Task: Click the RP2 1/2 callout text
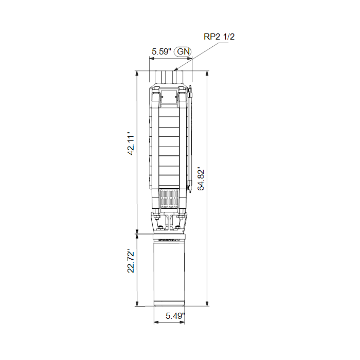[x=219, y=37]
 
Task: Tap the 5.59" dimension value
[x=161, y=51]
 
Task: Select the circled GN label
[x=183, y=51]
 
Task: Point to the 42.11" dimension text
[x=131, y=143]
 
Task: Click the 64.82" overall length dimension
[x=201, y=180]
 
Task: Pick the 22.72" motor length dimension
[x=131, y=261]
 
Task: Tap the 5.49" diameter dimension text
[x=175, y=316]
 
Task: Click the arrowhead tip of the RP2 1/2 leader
[x=174, y=70]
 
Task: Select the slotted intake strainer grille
[x=169, y=199]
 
